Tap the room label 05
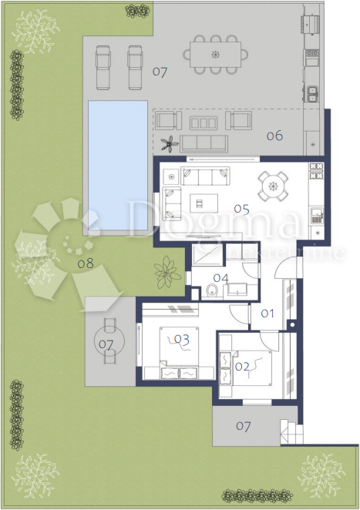point(242,208)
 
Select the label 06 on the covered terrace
point(274,136)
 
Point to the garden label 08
point(86,263)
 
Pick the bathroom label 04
point(221,278)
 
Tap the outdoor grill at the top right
point(311,24)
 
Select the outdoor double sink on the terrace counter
point(313,94)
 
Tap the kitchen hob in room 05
point(316,214)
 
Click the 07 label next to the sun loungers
point(160,72)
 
